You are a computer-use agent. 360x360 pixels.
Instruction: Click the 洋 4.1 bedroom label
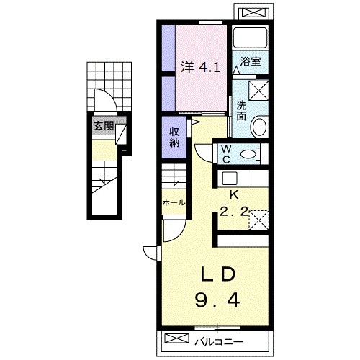(x=200, y=68)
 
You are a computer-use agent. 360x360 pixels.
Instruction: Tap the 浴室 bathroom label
(x=251, y=62)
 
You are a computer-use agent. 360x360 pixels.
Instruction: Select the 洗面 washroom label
(x=241, y=110)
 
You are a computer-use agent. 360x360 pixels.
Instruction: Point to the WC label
(x=226, y=154)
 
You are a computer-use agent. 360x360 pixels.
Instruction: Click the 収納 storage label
(x=174, y=137)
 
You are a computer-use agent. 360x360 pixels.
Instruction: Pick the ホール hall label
(x=174, y=203)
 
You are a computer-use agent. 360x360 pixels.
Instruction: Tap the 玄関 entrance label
(x=104, y=125)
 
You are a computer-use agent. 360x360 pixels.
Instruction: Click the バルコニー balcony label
(x=219, y=341)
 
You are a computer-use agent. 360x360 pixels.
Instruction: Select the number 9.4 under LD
(x=217, y=300)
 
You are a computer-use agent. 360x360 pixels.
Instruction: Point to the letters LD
(x=218, y=275)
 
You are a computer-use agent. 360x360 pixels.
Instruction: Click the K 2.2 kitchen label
(x=234, y=204)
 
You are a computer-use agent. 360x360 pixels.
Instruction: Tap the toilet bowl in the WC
(x=251, y=154)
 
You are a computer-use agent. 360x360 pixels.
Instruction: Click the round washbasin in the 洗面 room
(x=258, y=127)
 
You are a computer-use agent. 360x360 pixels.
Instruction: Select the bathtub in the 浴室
(x=251, y=37)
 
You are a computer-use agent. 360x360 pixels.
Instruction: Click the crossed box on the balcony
(x=177, y=338)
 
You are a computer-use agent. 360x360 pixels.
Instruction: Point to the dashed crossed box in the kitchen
(x=259, y=220)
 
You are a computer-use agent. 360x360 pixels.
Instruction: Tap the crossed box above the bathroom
(x=254, y=12)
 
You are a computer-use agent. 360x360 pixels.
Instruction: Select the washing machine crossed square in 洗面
(x=258, y=90)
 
